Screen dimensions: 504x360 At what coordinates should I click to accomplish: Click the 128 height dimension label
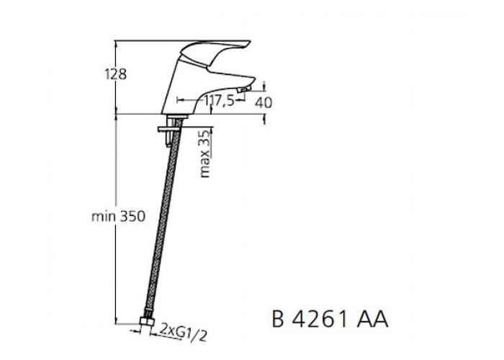point(116,74)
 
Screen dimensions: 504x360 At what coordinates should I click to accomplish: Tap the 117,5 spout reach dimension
point(219,101)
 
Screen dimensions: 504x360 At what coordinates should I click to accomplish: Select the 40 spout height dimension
point(264,102)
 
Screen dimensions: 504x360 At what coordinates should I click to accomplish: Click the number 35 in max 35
point(204,138)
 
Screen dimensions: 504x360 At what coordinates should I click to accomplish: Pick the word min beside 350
point(104,216)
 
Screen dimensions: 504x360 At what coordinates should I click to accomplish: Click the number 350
point(132,216)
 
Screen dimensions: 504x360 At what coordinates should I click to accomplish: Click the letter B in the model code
point(277,319)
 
